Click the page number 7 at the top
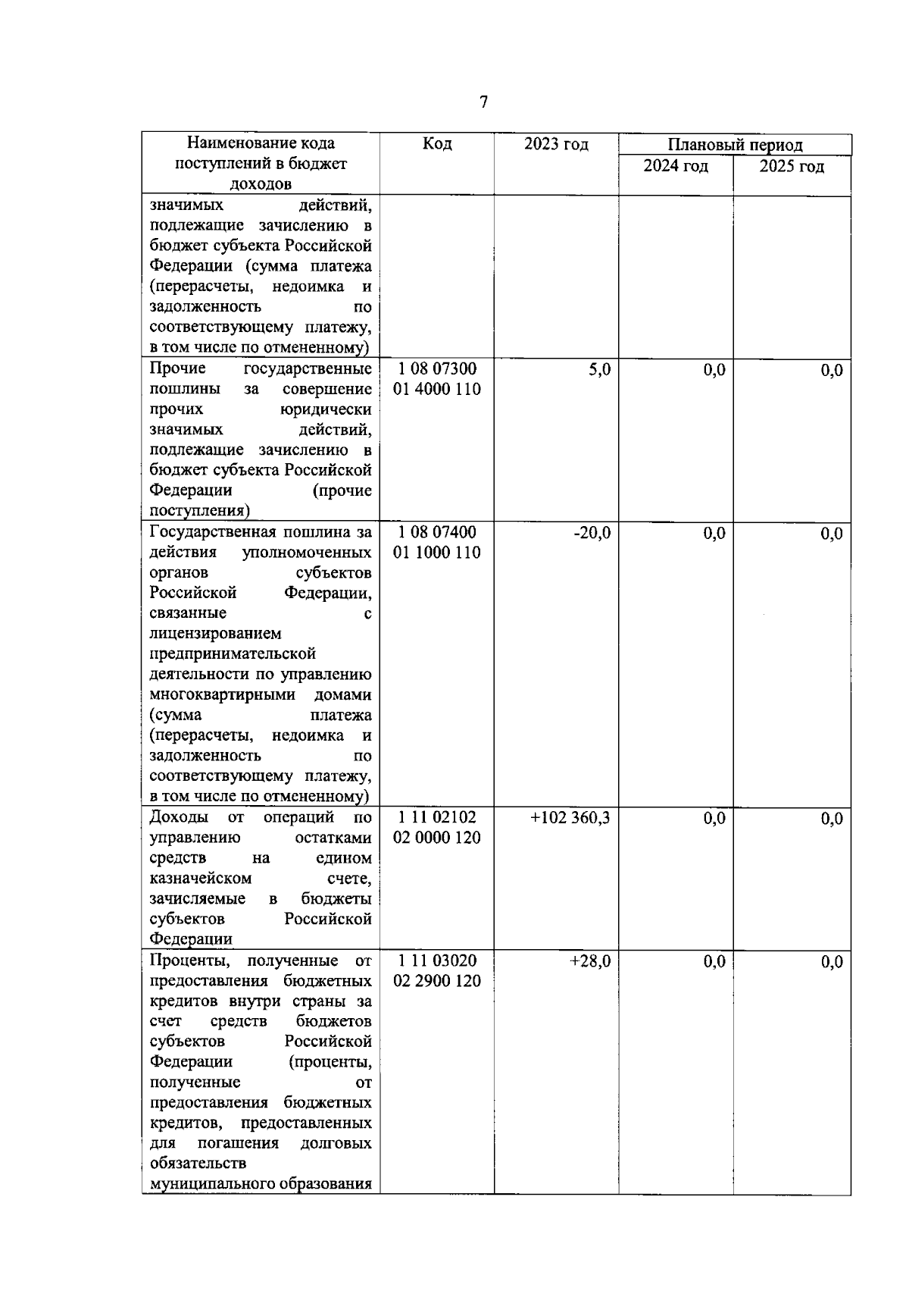(x=484, y=102)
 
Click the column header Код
(x=437, y=144)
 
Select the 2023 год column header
(x=556, y=144)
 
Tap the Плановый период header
(x=735, y=145)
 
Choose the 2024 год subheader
(x=676, y=166)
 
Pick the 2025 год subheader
(x=792, y=166)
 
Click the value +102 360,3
(x=570, y=818)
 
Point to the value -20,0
(x=592, y=533)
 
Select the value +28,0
(x=590, y=961)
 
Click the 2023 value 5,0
(x=600, y=369)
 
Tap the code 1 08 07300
(x=437, y=369)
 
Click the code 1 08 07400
(x=437, y=532)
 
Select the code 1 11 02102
(x=437, y=817)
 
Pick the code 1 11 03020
(x=437, y=960)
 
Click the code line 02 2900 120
(x=437, y=981)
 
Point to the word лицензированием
(x=215, y=633)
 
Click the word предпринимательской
(x=233, y=653)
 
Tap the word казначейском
(x=201, y=879)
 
